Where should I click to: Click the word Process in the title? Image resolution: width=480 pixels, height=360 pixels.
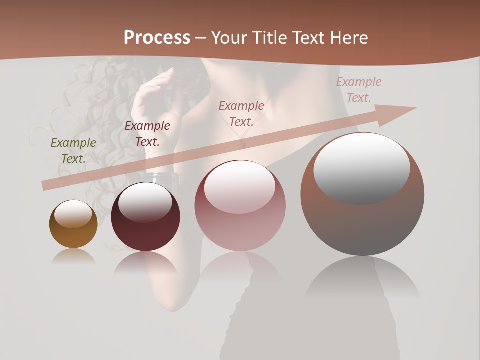click(x=157, y=37)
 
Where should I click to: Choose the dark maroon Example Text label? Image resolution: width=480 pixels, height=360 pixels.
click(x=147, y=133)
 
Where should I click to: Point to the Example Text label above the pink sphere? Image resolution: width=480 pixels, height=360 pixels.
click(x=241, y=113)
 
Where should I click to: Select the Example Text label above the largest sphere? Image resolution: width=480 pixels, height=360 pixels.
click(x=359, y=90)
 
